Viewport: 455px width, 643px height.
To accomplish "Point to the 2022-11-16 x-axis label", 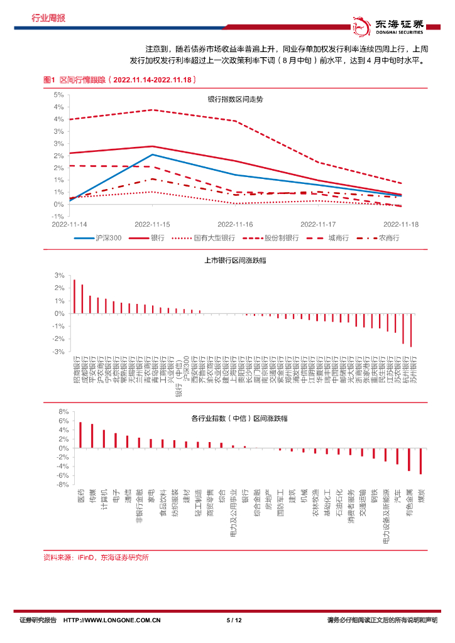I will click(235, 224).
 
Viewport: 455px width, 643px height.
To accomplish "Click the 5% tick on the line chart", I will click(58, 95).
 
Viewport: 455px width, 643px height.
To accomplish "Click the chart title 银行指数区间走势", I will click(235, 100).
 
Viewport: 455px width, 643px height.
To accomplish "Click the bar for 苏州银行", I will click(411, 330).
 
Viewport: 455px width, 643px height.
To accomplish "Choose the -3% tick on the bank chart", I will click(60, 352).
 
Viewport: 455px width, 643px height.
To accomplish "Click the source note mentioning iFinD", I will click(96, 557).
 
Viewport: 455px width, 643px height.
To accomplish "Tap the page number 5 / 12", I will click(234, 620).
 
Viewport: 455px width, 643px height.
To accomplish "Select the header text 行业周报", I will click(48, 18).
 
